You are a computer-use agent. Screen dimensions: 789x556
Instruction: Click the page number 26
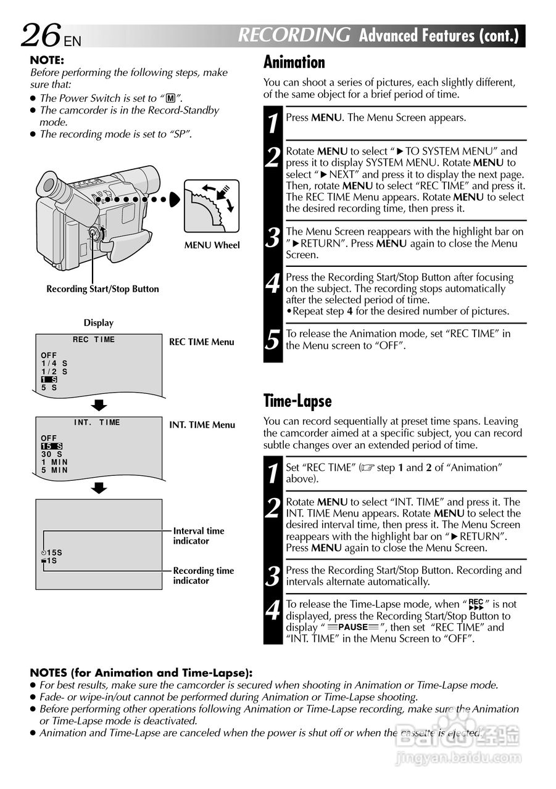pos(41,36)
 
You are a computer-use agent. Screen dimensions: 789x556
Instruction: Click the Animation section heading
pos(294,62)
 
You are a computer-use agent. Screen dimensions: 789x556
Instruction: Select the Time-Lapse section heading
pos(297,401)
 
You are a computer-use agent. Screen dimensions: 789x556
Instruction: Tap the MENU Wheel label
pos(212,245)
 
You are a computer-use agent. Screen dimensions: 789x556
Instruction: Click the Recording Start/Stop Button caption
pos(102,289)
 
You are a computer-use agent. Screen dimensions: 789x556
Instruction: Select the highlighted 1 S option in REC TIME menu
pos(49,380)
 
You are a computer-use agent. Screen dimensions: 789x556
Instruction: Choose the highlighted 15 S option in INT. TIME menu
pos(51,446)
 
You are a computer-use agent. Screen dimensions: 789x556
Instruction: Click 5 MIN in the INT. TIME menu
pos(54,470)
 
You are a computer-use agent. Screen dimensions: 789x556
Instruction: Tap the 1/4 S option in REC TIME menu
pos(54,364)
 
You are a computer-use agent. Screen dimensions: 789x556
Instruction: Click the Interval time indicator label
pos(198,536)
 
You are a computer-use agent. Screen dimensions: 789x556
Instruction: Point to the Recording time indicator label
pos(203,576)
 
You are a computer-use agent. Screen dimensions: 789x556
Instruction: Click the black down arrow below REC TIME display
pos(99,406)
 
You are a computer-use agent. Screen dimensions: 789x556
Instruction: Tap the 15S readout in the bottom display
pos(54,553)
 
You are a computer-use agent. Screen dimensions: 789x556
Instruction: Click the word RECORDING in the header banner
pos(294,35)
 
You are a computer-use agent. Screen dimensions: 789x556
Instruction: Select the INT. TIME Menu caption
pos(202,425)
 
